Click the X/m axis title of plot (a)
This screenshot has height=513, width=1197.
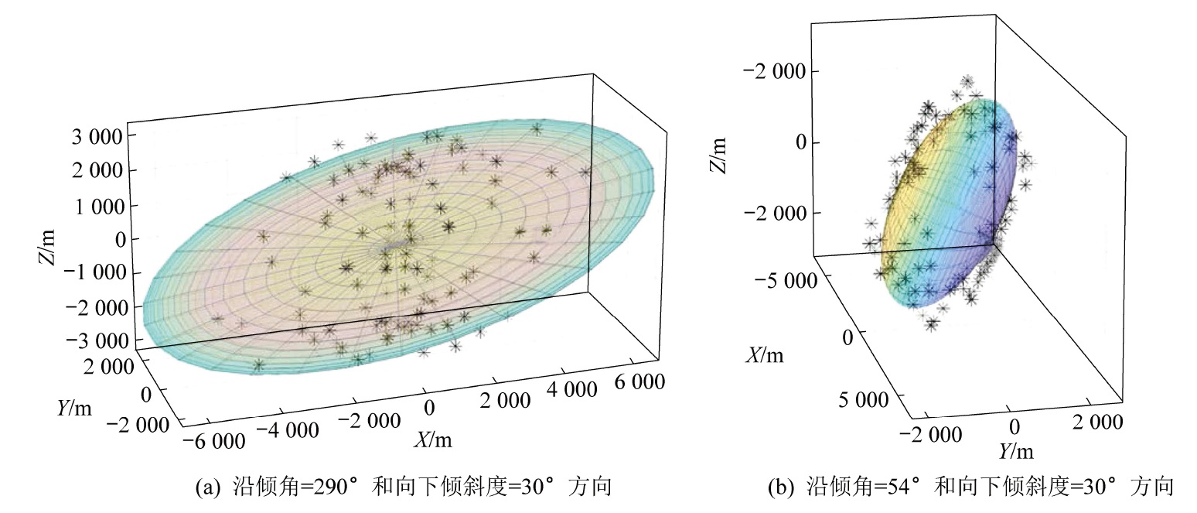[433, 439]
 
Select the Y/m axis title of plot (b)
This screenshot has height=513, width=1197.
[1015, 450]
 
